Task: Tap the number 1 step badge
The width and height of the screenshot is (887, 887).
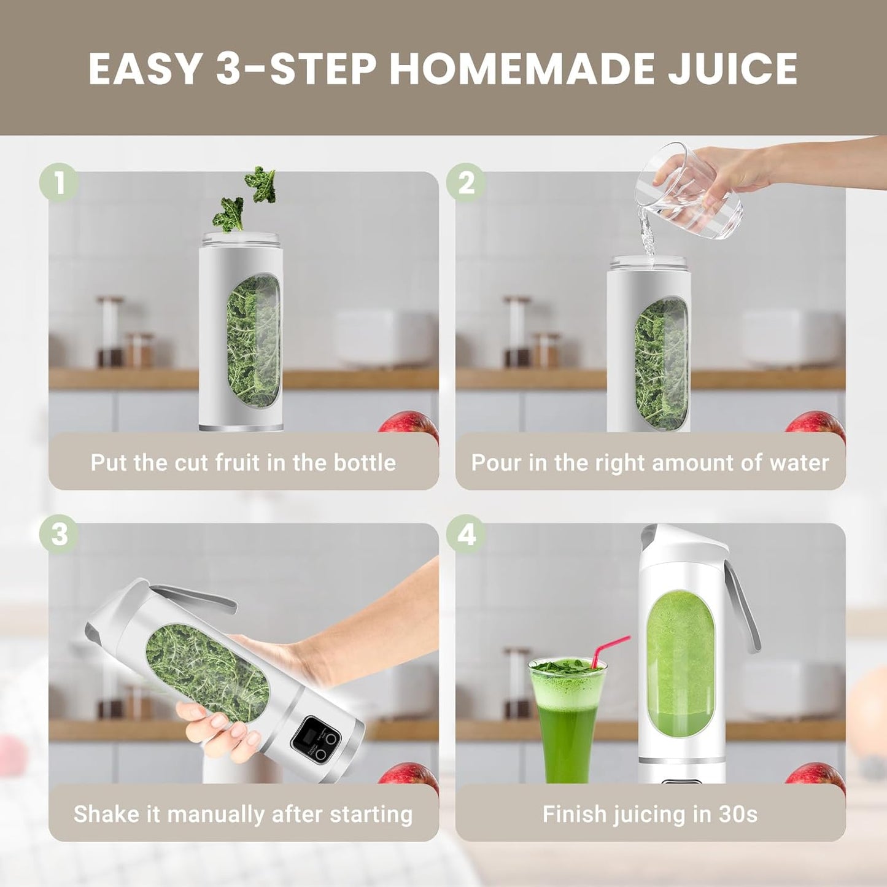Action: pos(59,183)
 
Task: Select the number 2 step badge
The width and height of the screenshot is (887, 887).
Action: pos(466,183)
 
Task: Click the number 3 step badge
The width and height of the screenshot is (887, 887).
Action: pos(59,534)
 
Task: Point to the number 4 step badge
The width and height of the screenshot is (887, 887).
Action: pos(466,534)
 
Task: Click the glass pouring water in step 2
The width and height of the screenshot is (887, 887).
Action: pos(691,192)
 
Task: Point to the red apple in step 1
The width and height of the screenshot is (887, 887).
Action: pos(410,424)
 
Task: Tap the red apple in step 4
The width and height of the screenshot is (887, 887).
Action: pos(816,775)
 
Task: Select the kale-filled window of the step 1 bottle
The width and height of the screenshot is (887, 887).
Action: pos(254,341)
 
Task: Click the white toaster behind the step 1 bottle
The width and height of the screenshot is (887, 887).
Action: pos(384,338)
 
